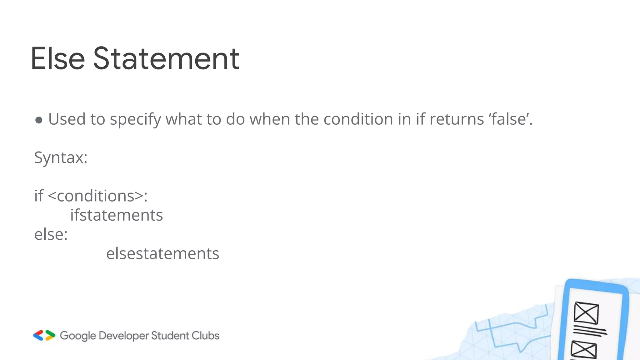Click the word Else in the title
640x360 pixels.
click(58, 58)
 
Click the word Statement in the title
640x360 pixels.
click(166, 58)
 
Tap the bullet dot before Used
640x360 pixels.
click(39, 120)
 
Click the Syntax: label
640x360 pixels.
click(61, 157)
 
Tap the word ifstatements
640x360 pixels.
click(117, 215)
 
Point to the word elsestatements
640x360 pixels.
click(162, 253)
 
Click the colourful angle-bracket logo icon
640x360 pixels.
click(44, 335)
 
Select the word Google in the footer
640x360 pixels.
click(78, 336)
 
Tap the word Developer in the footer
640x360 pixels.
click(124, 336)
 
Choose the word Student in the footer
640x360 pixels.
click(170, 336)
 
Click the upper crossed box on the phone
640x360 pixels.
click(586, 313)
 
